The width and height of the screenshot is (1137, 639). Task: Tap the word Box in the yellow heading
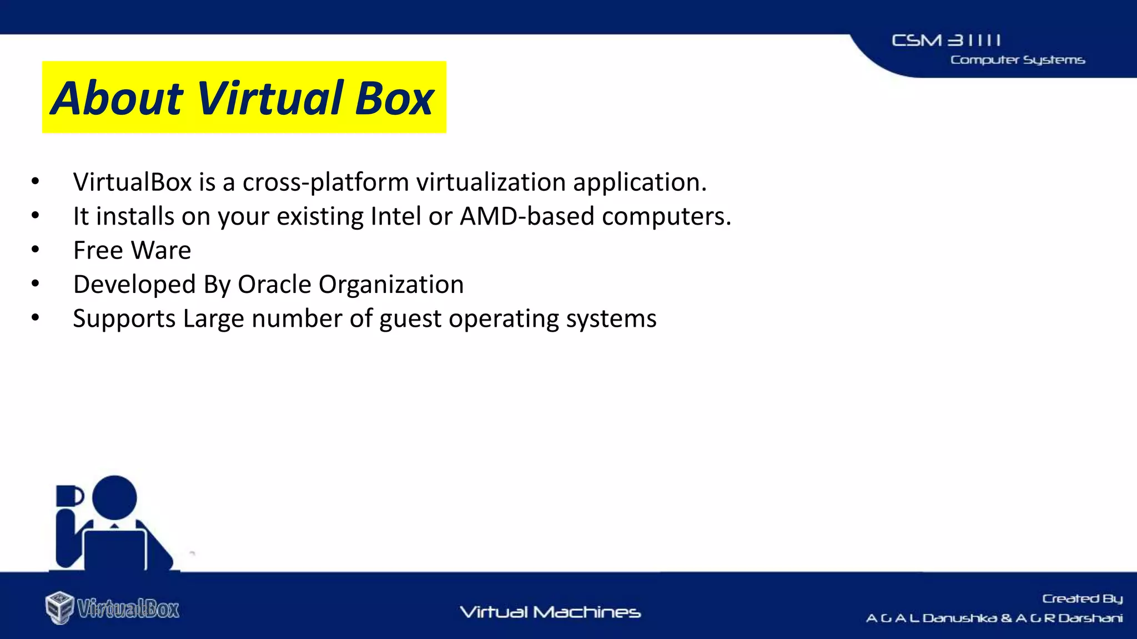point(394,98)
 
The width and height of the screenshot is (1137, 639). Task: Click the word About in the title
point(117,98)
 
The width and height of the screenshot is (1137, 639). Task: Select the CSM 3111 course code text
point(946,40)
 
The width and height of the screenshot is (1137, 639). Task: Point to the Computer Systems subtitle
point(1017,60)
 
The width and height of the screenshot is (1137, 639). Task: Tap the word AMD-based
point(527,216)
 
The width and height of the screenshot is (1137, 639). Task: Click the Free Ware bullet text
point(132,251)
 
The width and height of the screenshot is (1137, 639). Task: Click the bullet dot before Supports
point(36,318)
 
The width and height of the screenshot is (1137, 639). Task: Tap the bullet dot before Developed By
point(36,283)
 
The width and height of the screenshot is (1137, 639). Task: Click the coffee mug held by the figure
point(69,496)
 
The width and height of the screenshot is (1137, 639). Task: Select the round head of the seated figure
point(114,498)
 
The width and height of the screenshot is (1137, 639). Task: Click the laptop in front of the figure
point(115,549)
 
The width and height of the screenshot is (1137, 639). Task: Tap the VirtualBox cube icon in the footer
point(59,607)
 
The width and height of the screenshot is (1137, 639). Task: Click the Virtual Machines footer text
point(550,612)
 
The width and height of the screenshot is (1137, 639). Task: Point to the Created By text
point(1081,599)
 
